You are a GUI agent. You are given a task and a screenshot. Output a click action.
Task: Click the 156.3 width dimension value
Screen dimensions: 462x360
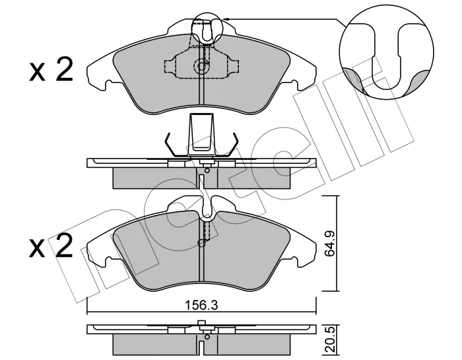click(202, 305)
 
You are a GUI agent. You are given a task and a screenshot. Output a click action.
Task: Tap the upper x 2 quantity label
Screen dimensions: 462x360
click(51, 70)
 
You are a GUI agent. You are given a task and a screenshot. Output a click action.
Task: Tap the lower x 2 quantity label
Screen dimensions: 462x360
click(51, 246)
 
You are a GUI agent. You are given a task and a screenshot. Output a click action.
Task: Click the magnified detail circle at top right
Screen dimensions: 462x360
click(386, 52)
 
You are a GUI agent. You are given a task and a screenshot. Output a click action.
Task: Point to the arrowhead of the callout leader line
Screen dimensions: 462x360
click(226, 19)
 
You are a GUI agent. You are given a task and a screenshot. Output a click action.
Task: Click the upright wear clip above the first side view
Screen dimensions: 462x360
click(201, 135)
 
